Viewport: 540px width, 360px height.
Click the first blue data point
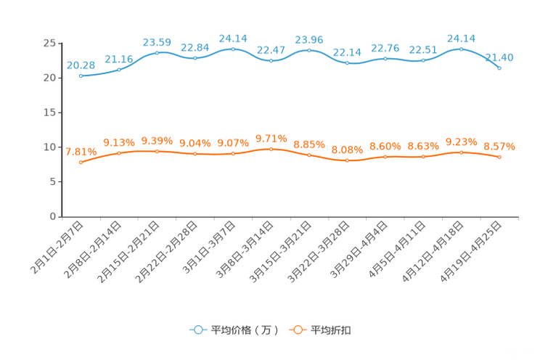pyautogui.click(x=81, y=75)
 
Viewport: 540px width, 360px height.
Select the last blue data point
pyautogui.click(x=499, y=67)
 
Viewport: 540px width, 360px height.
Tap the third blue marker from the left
pyautogui.click(x=157, y=52)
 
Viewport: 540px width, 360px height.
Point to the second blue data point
pyautogui.click(x=119, y=69)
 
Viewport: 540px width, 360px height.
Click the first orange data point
pyautogui.click(x=81, y=162)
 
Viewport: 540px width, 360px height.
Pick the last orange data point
pyautogui.click(x=499, y=157)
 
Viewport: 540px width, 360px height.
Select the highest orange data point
pyautogui.click(x=271, y=149)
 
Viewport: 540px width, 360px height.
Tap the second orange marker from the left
pyautogui.click(x=119, y=153)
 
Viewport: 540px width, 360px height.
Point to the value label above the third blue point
pyautogui.click(x=157, y=42)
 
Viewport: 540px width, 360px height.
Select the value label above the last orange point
pyautogui.click(x=499, y=147)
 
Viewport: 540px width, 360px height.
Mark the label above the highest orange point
pyautogui.click(x=271, y=138)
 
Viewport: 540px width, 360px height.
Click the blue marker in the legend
pyautogui.click(x=197, y=330)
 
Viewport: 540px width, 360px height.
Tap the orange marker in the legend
pyautogui.click(x=297, y=330)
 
